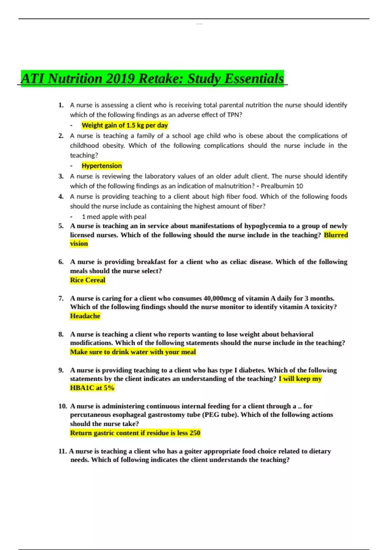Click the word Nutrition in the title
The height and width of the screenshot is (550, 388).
(x=75, y=79)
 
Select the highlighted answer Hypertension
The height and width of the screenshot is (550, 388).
(x=102, y=166)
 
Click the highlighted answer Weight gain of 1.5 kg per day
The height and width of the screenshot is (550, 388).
(x=124, y=125)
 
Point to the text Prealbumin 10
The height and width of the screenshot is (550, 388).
(x=282, y=186)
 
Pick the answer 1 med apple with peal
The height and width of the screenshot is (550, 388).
(x=114, y=216)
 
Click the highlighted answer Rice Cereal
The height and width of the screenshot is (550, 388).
(x=88, y=280)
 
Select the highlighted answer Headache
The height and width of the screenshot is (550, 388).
(x=85, y=316)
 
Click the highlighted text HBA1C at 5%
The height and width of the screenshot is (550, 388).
(x=92, y=388)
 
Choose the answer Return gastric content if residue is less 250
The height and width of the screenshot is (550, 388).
(x=135, y=433)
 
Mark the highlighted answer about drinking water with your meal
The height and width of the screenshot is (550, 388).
(x=133, y=352)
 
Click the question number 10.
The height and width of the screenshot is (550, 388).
(x=62, y=406)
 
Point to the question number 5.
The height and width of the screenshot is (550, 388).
(x=61, y=226)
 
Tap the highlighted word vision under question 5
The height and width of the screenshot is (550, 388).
(x=79, y=244)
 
